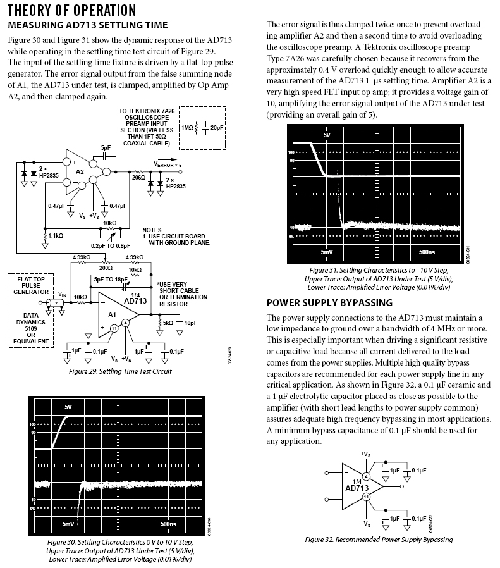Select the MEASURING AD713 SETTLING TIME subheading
(87, 25)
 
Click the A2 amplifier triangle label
(80, 171)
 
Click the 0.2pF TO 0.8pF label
(111, 245)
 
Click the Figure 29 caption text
(120, 371)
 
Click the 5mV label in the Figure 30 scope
(68, 524)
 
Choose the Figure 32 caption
(379, 540)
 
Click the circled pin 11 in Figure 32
(366, 498)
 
